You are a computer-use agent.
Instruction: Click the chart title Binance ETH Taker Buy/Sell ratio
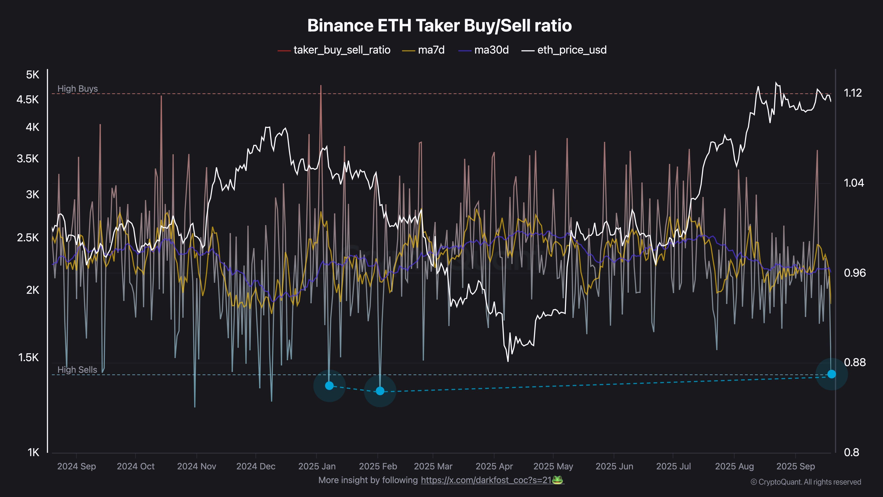[440, 26]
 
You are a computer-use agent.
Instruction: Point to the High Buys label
[77, 89]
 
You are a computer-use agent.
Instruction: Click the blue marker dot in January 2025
[329, 385]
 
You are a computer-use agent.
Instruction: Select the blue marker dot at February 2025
[380, 391]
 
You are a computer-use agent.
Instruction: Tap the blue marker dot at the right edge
[831, 374]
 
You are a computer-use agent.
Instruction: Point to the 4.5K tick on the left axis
[28, 100]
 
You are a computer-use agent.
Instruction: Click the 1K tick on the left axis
[33, 452]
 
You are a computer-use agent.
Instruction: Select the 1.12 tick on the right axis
[853, 93]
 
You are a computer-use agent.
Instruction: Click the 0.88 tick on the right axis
[855, 362]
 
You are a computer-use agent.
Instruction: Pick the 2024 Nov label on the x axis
[196, 467]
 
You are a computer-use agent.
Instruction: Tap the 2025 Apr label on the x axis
[494, 467]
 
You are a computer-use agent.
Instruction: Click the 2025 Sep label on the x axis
[795, 467]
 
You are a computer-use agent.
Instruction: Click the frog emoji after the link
[558, 480]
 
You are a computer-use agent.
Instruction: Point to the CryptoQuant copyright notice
[806, 482]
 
